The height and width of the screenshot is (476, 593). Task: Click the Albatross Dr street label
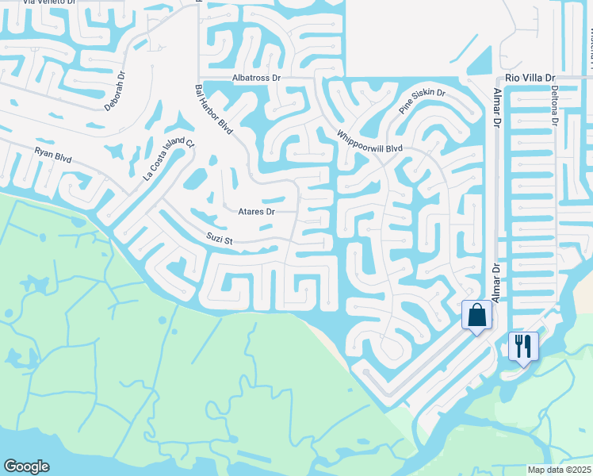(x=257, y=79)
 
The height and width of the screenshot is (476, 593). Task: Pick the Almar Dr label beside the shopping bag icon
(x=497, y=283)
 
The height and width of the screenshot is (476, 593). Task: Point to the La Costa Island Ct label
(x=169, y=159)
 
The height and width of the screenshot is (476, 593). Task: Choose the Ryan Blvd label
(x=53, y=154)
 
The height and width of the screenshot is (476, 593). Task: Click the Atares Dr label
(x=256, y=212)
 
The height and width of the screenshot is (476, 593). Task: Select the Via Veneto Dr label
(x=49, y=2)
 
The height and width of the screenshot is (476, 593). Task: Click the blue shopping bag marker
(x=477, y=316)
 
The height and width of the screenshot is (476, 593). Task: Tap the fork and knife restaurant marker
(x=523, y=346)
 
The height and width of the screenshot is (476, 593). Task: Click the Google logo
(x=26, y=466)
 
